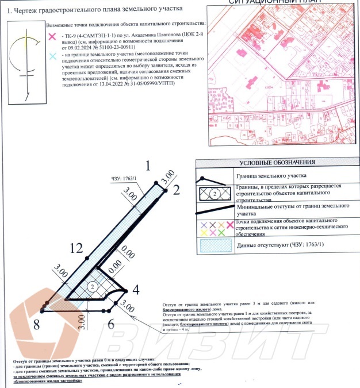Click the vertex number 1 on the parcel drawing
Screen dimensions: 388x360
click(x=148, y=167)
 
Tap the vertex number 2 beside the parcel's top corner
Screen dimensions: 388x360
click(x=177, y=189)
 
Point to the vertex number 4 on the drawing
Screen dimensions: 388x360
click(x=136, y=289)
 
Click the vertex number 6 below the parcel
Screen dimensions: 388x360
click(x=110, y=324)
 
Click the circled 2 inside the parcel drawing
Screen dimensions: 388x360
click(x=91, y=286)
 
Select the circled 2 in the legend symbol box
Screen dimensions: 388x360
click(x=214, y=193)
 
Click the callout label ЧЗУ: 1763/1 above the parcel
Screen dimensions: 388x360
click(x=123, y=179)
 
